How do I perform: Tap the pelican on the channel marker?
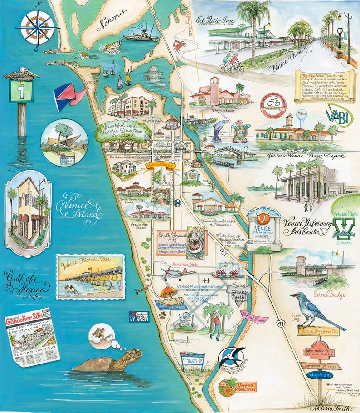click(19, 74)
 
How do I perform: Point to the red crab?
click(178, 44)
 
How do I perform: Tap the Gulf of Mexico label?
click(27, 281)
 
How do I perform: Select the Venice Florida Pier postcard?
click(90, 276)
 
